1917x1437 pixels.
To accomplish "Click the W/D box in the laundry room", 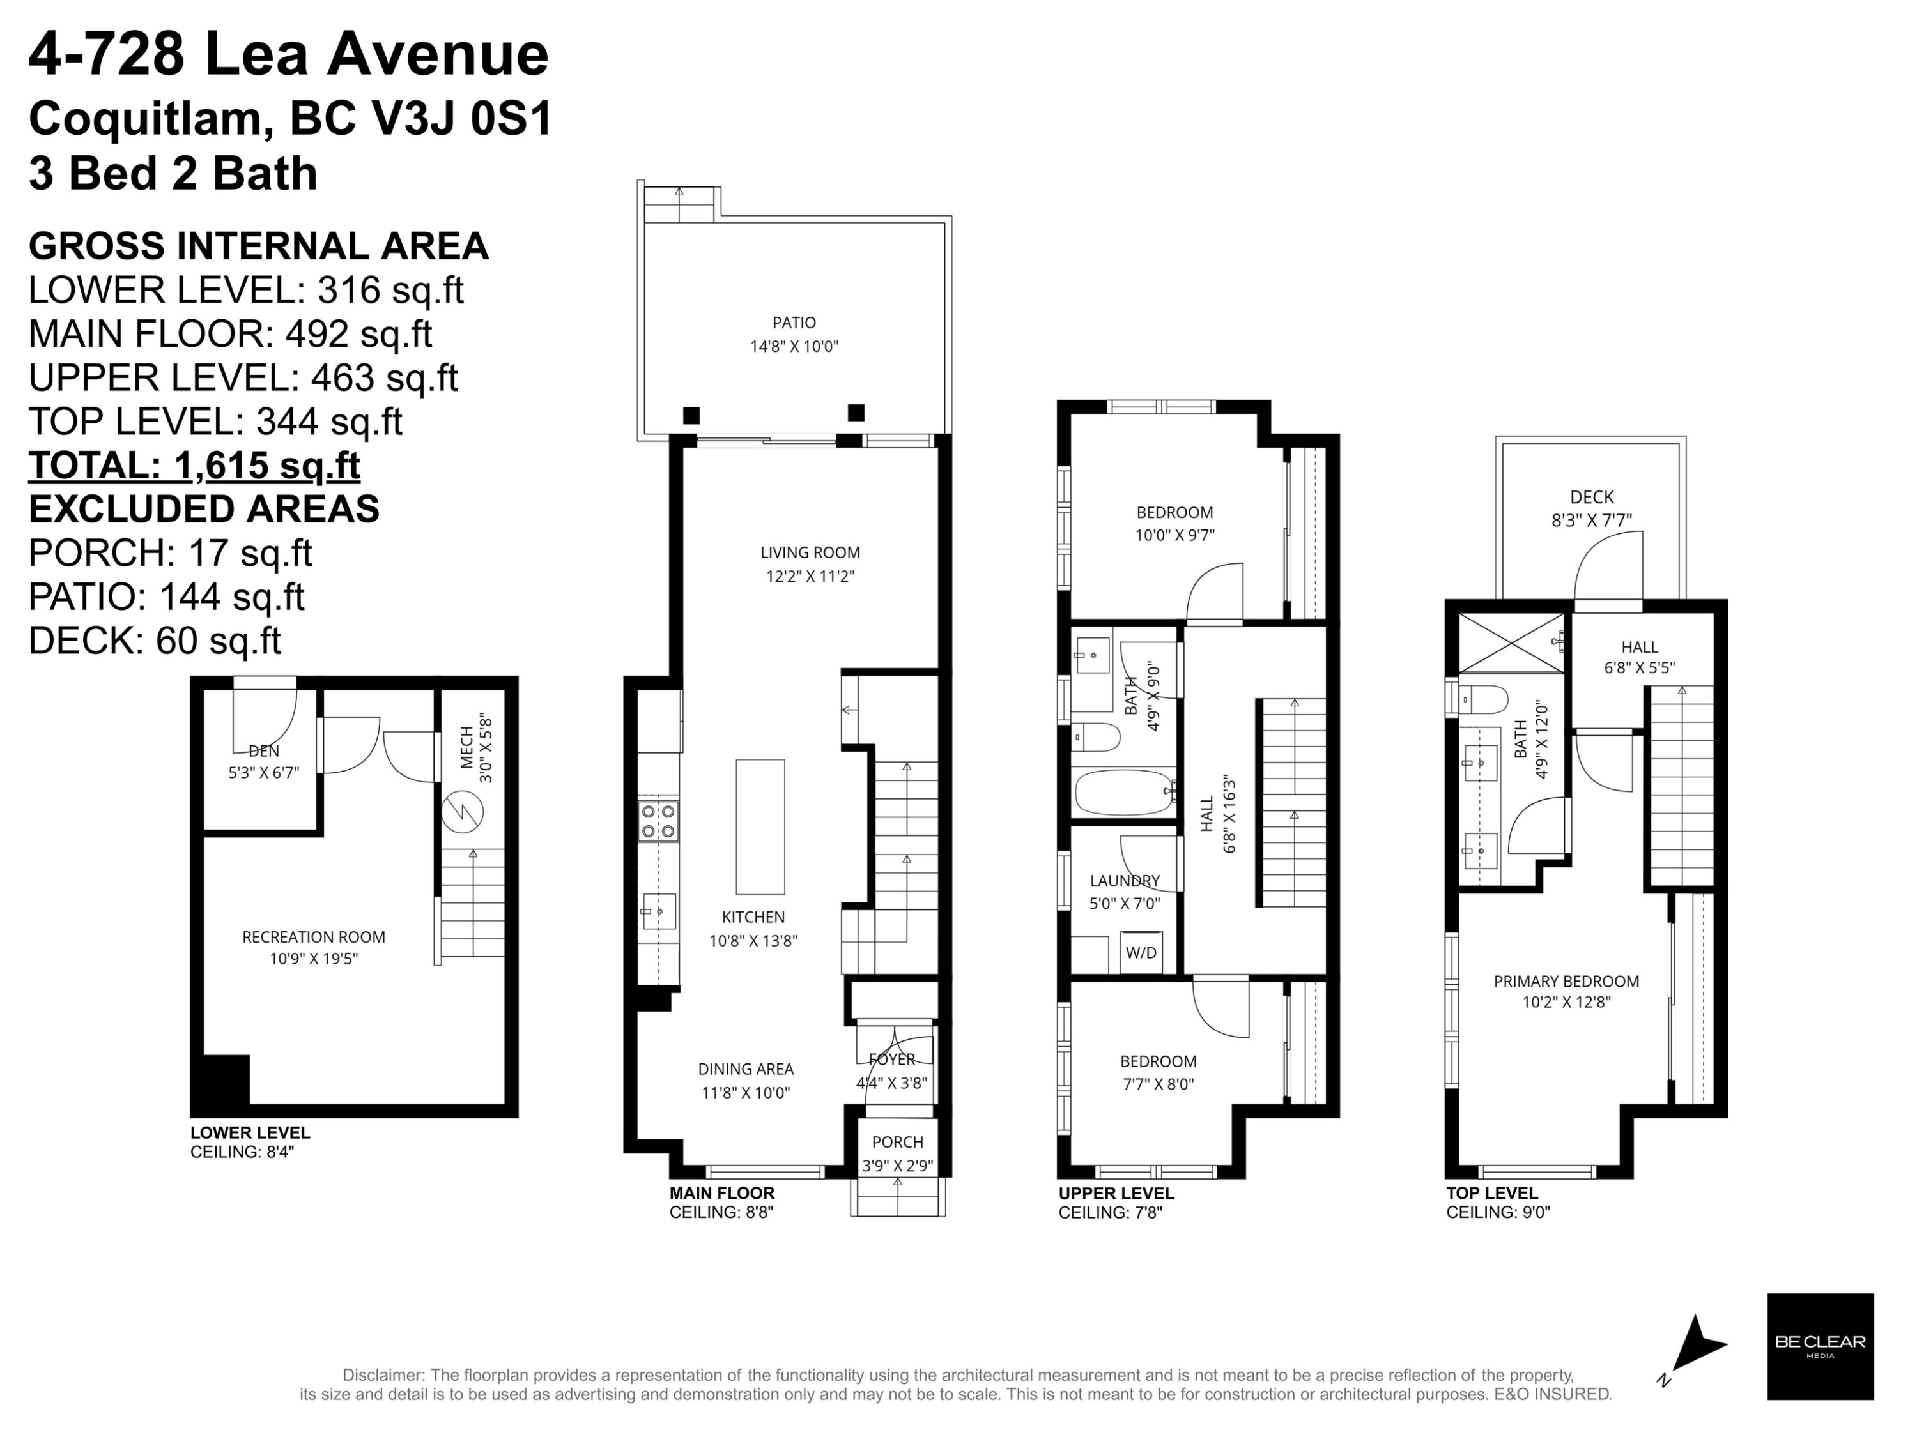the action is (x=1141, y=952).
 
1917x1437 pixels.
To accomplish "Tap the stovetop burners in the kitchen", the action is (x=659, y=821).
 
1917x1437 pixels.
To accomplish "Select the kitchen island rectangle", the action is (x=760, y=827).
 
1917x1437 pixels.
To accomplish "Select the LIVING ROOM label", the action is (x=810, y=552).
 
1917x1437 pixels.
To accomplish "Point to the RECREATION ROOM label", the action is (x=314, y=937).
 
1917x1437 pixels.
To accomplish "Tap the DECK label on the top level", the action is (x=1592, y=497).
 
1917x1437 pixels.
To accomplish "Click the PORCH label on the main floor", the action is (x=898, y=1143).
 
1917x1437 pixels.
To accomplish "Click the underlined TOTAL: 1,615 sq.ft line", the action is (x=194, y=465).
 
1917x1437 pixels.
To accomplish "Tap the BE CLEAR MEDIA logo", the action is (x=1820, y=1347).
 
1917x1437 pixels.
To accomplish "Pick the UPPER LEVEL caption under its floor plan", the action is (x=1116, y=1194).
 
